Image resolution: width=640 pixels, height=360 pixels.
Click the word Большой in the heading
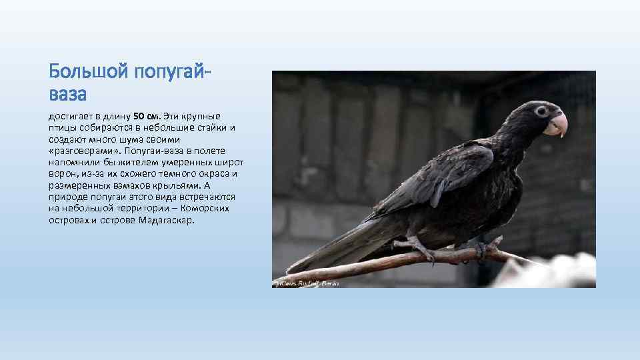(89, 70)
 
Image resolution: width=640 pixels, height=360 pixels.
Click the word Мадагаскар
(167, 219)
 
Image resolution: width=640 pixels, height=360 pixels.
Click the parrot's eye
(541, 111)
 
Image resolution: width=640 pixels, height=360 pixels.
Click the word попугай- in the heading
(174, 70)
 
